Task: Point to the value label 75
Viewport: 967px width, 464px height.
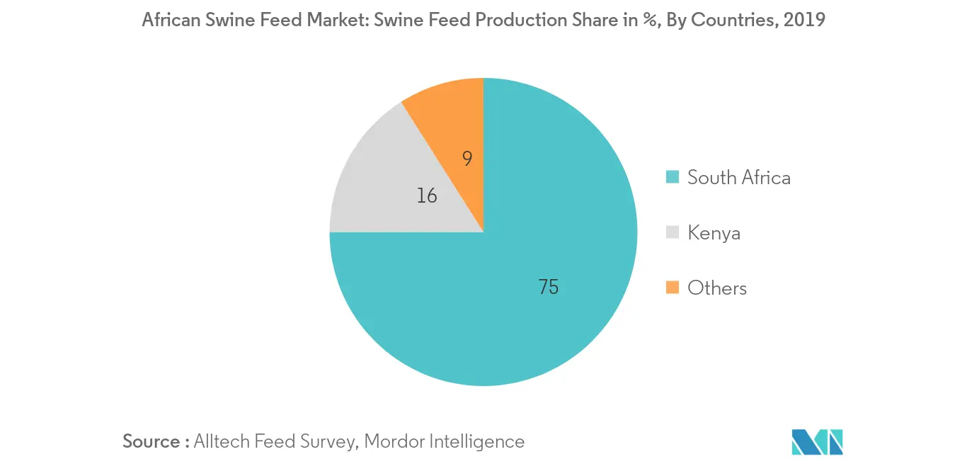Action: tap(549, 287)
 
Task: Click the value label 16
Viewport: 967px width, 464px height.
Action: tap(427, 196)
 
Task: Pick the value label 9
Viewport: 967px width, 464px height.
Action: tap(467, 159)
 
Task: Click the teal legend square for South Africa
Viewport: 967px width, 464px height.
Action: tap(673, 177)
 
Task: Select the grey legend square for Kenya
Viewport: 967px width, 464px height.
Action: tap(673, 232)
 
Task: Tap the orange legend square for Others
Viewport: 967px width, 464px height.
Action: tap(673, 288)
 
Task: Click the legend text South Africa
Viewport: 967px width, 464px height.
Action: tap(739, 177)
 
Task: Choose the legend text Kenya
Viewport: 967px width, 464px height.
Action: tap(714, 232)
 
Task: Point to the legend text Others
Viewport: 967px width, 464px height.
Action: tap(717, 288)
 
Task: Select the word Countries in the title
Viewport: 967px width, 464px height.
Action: tap(730, 20)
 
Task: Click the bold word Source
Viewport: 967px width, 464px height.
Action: tap(151, 441)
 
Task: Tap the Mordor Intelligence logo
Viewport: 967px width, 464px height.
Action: tap(818, 441)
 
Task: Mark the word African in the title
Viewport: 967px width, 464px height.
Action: tap(168, 20)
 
